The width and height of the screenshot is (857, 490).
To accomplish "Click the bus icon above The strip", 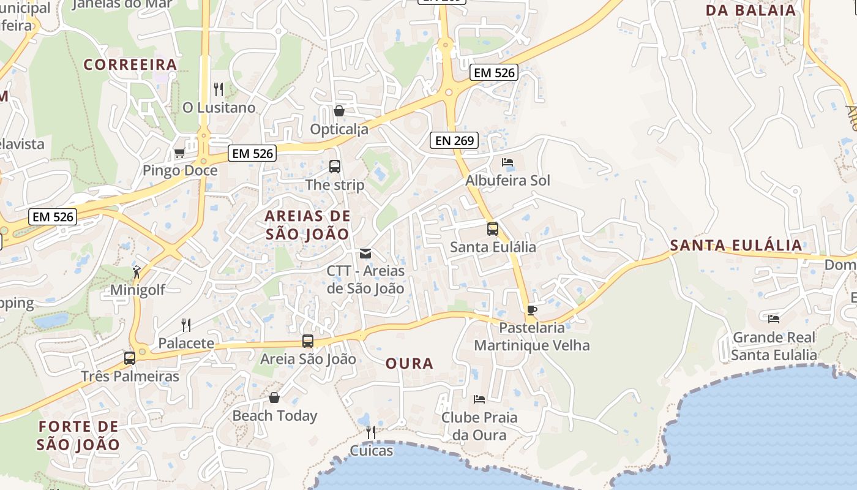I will click(x=335, y=166).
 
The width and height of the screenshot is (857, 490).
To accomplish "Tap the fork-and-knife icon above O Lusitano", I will click(x=219, y=89).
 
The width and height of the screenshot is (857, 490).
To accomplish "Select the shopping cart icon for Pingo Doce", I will click(x=180, y=153).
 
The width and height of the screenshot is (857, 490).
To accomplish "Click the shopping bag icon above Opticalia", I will click(x=339, y=111).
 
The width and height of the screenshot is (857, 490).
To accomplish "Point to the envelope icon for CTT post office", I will click(x=365, y=253).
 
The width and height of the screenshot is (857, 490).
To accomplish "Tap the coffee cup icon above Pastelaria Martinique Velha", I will click(x=532, y=310).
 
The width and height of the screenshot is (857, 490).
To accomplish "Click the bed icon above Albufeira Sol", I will click(x=507, y=162).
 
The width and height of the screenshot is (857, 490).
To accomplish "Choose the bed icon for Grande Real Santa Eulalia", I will click(x=774, y=318).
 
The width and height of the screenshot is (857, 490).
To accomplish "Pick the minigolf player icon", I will click(x=137, y=272).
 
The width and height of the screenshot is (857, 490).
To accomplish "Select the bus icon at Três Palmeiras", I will click(x=130, y=358).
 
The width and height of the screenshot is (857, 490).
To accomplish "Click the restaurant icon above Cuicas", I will click(x=370, y=432).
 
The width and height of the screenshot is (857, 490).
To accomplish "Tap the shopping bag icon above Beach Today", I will click(x=274, y=398).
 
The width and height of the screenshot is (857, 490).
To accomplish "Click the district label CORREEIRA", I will click(x=130, y=64).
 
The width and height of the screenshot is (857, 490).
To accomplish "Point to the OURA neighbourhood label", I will click(x=410, y=363).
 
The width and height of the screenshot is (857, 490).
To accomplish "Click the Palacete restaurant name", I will click(x=187, y=343).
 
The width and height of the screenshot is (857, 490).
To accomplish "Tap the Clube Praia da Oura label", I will click(x=479, y=426).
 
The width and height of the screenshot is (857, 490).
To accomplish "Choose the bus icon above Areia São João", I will click(x=308, y=341).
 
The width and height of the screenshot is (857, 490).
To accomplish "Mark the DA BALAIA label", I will click(x=751, y=10).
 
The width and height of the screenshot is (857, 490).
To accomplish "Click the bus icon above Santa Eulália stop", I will click(x=493, y=229).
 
